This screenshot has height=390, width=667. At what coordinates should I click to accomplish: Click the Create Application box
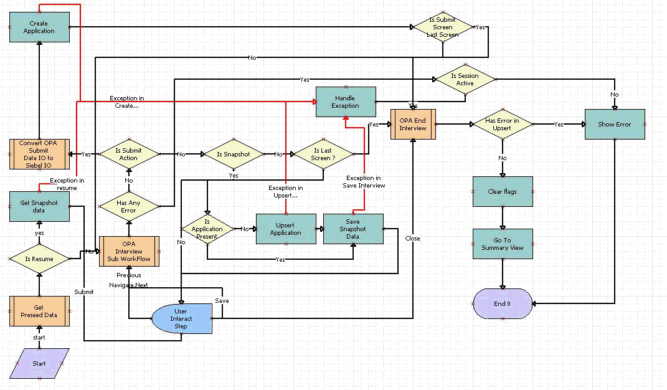pyautogui.click(x=39, y=27)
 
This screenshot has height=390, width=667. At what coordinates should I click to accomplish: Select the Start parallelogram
pyautogui.click(x=39, y=363)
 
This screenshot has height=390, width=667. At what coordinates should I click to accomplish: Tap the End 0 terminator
pyautogui.click(x=502, y=303)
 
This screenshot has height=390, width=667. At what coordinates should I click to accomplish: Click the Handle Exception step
pyautogui.click(x=346, y=102)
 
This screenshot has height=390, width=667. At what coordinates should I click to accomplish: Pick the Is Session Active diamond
pyautogui.click(x=465, y=80)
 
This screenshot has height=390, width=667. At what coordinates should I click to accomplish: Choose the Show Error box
pyautogui.click(x=614, y=125)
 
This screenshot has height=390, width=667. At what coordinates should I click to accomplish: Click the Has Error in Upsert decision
pyautogui.click(x=502, y=125)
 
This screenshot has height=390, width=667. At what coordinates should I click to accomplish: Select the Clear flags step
pyautogui.click(x=502, y=192)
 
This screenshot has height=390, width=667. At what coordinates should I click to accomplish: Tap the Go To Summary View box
pyautogui.click(x=502, y=244)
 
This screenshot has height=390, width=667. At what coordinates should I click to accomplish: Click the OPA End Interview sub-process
pyautogui.click(x=413, y=124)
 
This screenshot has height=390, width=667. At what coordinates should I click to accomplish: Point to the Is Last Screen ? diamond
pyautogui.click(x=323, y=154)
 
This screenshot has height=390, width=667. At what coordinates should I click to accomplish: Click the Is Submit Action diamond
pyautogui.click(x=128, y=154)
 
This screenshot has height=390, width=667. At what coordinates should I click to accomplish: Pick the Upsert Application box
pyautogui.click(x=286, y=229)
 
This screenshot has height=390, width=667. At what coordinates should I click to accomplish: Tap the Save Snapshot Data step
pyautogui.click(x=353, y=229)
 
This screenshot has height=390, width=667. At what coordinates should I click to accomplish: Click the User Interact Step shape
pyautogui.click(x=181, y=318)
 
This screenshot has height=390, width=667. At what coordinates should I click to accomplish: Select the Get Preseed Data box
pyautogui.click(x=39, y=311)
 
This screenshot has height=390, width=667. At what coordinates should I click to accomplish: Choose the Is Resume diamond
pyautogui.click(x=39, y=259)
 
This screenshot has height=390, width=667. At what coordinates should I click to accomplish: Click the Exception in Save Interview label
pyautogui.click(x=364, y=181)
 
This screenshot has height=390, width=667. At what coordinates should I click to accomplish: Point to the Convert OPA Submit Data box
pyautogui.click(x=39, y=154)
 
